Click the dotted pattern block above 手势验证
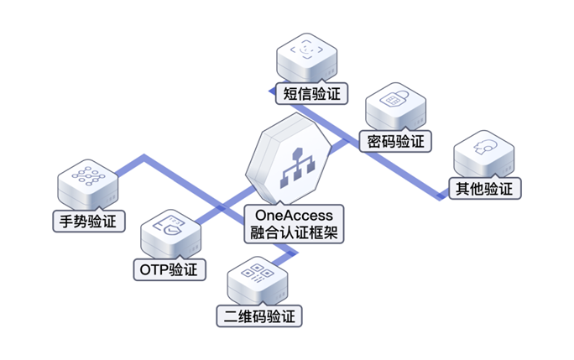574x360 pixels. pos(87,180)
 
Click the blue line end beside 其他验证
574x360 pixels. pos(443,198)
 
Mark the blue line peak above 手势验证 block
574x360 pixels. pos(144,156)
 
